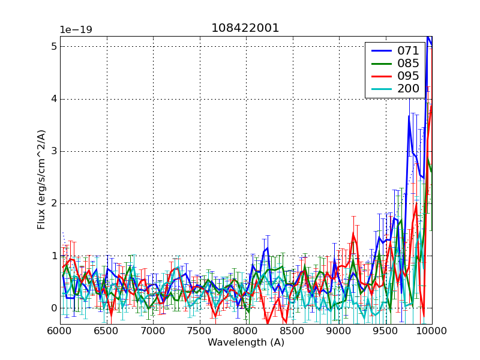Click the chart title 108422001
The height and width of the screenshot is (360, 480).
(245, 28)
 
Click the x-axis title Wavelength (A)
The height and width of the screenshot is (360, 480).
(245, 343)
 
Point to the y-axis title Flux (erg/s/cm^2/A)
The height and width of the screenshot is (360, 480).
(41, 180)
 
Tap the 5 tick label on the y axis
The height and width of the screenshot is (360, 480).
(53, 47)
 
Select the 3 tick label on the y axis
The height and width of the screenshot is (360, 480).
(53, 151)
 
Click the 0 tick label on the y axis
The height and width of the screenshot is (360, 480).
(53, 308)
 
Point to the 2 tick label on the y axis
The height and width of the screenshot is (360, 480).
(53, 203)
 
